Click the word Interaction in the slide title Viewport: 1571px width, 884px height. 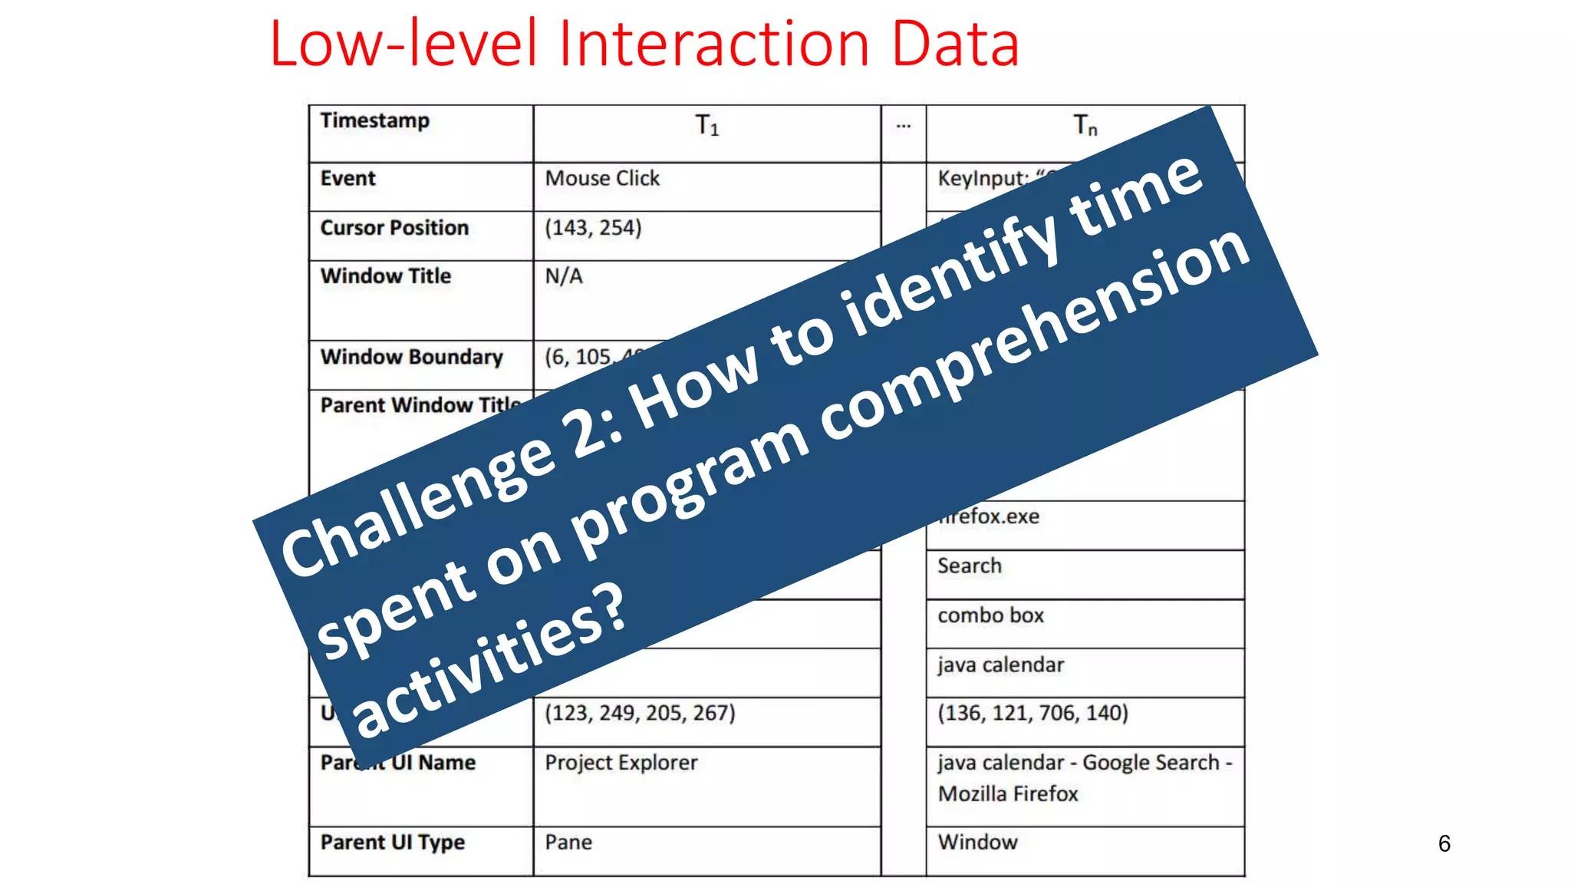click(714, 45)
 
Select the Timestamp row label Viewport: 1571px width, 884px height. click(374, 121)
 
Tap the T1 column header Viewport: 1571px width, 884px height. click(706, 125)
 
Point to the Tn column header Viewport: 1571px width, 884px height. click(1085, 125)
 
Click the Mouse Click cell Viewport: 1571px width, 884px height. click(602, 179)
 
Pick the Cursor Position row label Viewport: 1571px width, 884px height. click(394, 228)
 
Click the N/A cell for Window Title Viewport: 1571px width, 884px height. click(564, 276)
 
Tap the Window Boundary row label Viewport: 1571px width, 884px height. click(411, 357)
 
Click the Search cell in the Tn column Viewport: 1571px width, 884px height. click(970, 566)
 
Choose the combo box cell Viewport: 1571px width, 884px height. click(990, 615)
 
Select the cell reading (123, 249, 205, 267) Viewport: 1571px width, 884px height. click(640, 714)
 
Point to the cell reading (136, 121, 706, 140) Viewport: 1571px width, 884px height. click(1033, 714)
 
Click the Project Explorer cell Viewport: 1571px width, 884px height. click(621, 763)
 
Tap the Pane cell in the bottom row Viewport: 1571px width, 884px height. click(568, 843)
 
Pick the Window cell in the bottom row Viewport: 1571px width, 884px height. click(977, 843)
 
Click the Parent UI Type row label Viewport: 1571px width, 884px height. click(392, 843)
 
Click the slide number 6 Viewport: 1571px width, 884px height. click(1444, 844)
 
